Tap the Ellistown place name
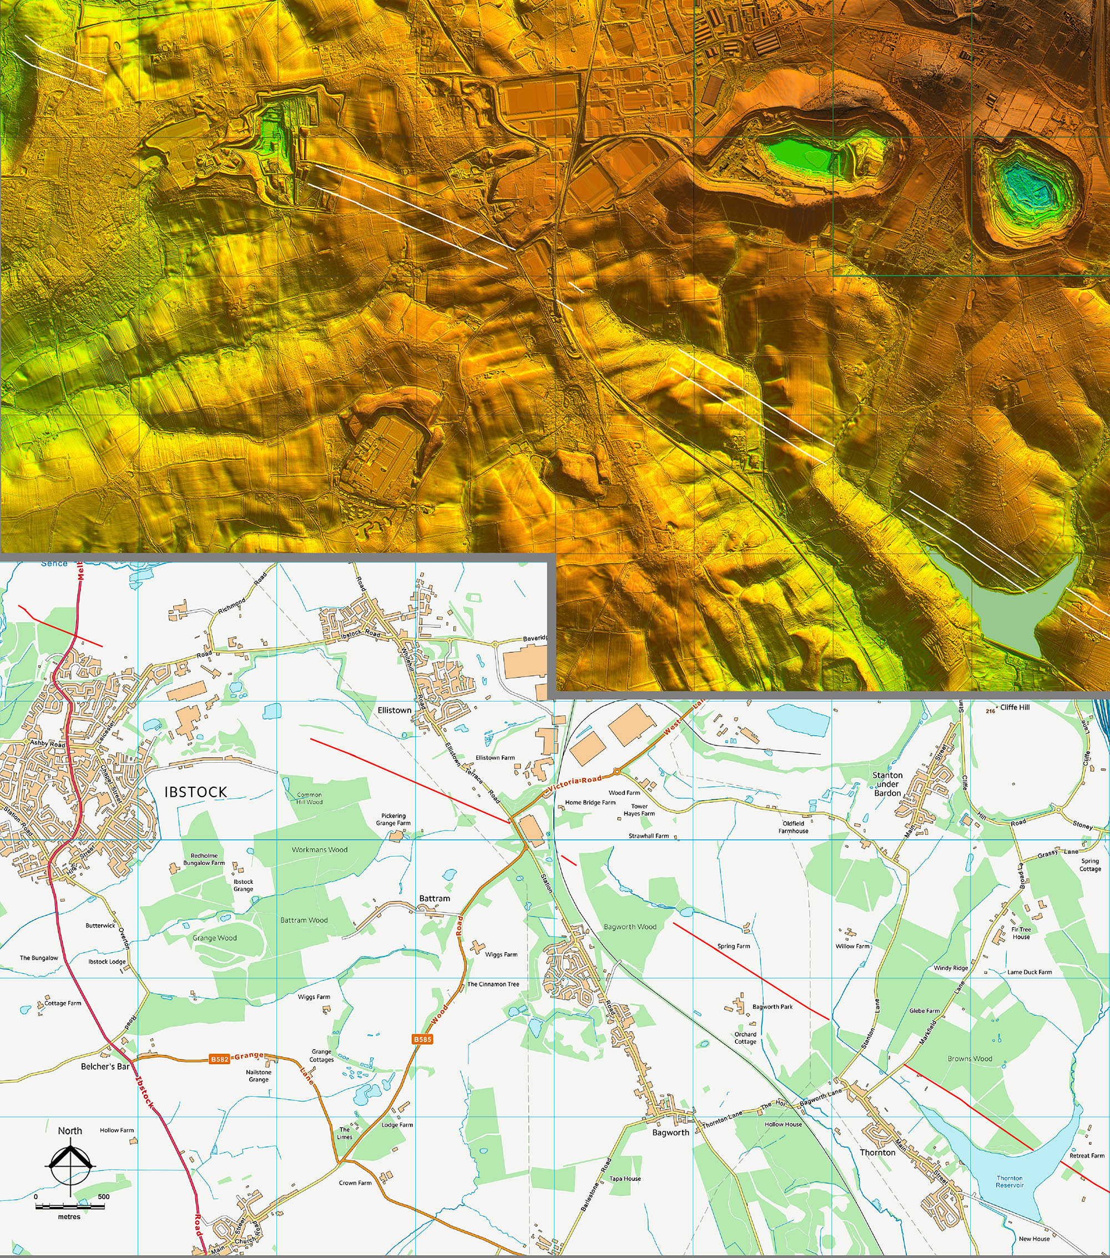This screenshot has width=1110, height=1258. pyautogui.click(x=395, y=709)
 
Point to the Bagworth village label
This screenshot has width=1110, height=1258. pyautogui.click(x=670, y=1132)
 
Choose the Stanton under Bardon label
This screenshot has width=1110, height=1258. pyautogui.click(x=887, y=784)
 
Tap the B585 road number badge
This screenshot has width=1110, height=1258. pyautogui.click(x=422, y=1039)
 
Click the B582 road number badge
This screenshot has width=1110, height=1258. pyautogui.click(x=220, y=1059)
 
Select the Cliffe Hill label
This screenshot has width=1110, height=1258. pyautogui.click(x=1015, y=707)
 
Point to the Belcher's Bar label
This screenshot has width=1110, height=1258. pyautogui.click(x=105, y=1066)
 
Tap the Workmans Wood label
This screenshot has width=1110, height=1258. pyautogui.click(x=319, y=849)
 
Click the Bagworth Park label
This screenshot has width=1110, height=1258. pyautogui.click(x=772, y=1007)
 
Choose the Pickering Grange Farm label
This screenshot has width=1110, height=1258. pyautogui.click(x=393, y=819)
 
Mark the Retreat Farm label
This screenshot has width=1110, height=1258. pyautogui.click(x=1087, y=1155)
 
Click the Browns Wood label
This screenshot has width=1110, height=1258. pyautogui.click(x=970, y=1059)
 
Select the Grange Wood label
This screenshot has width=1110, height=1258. pyautogui.click(x=214, y=938)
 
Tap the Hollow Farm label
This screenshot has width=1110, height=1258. pyautogui.click(x=117, y=1130)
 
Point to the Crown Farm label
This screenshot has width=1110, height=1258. pyautogui.click(x=355, y=1183)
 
